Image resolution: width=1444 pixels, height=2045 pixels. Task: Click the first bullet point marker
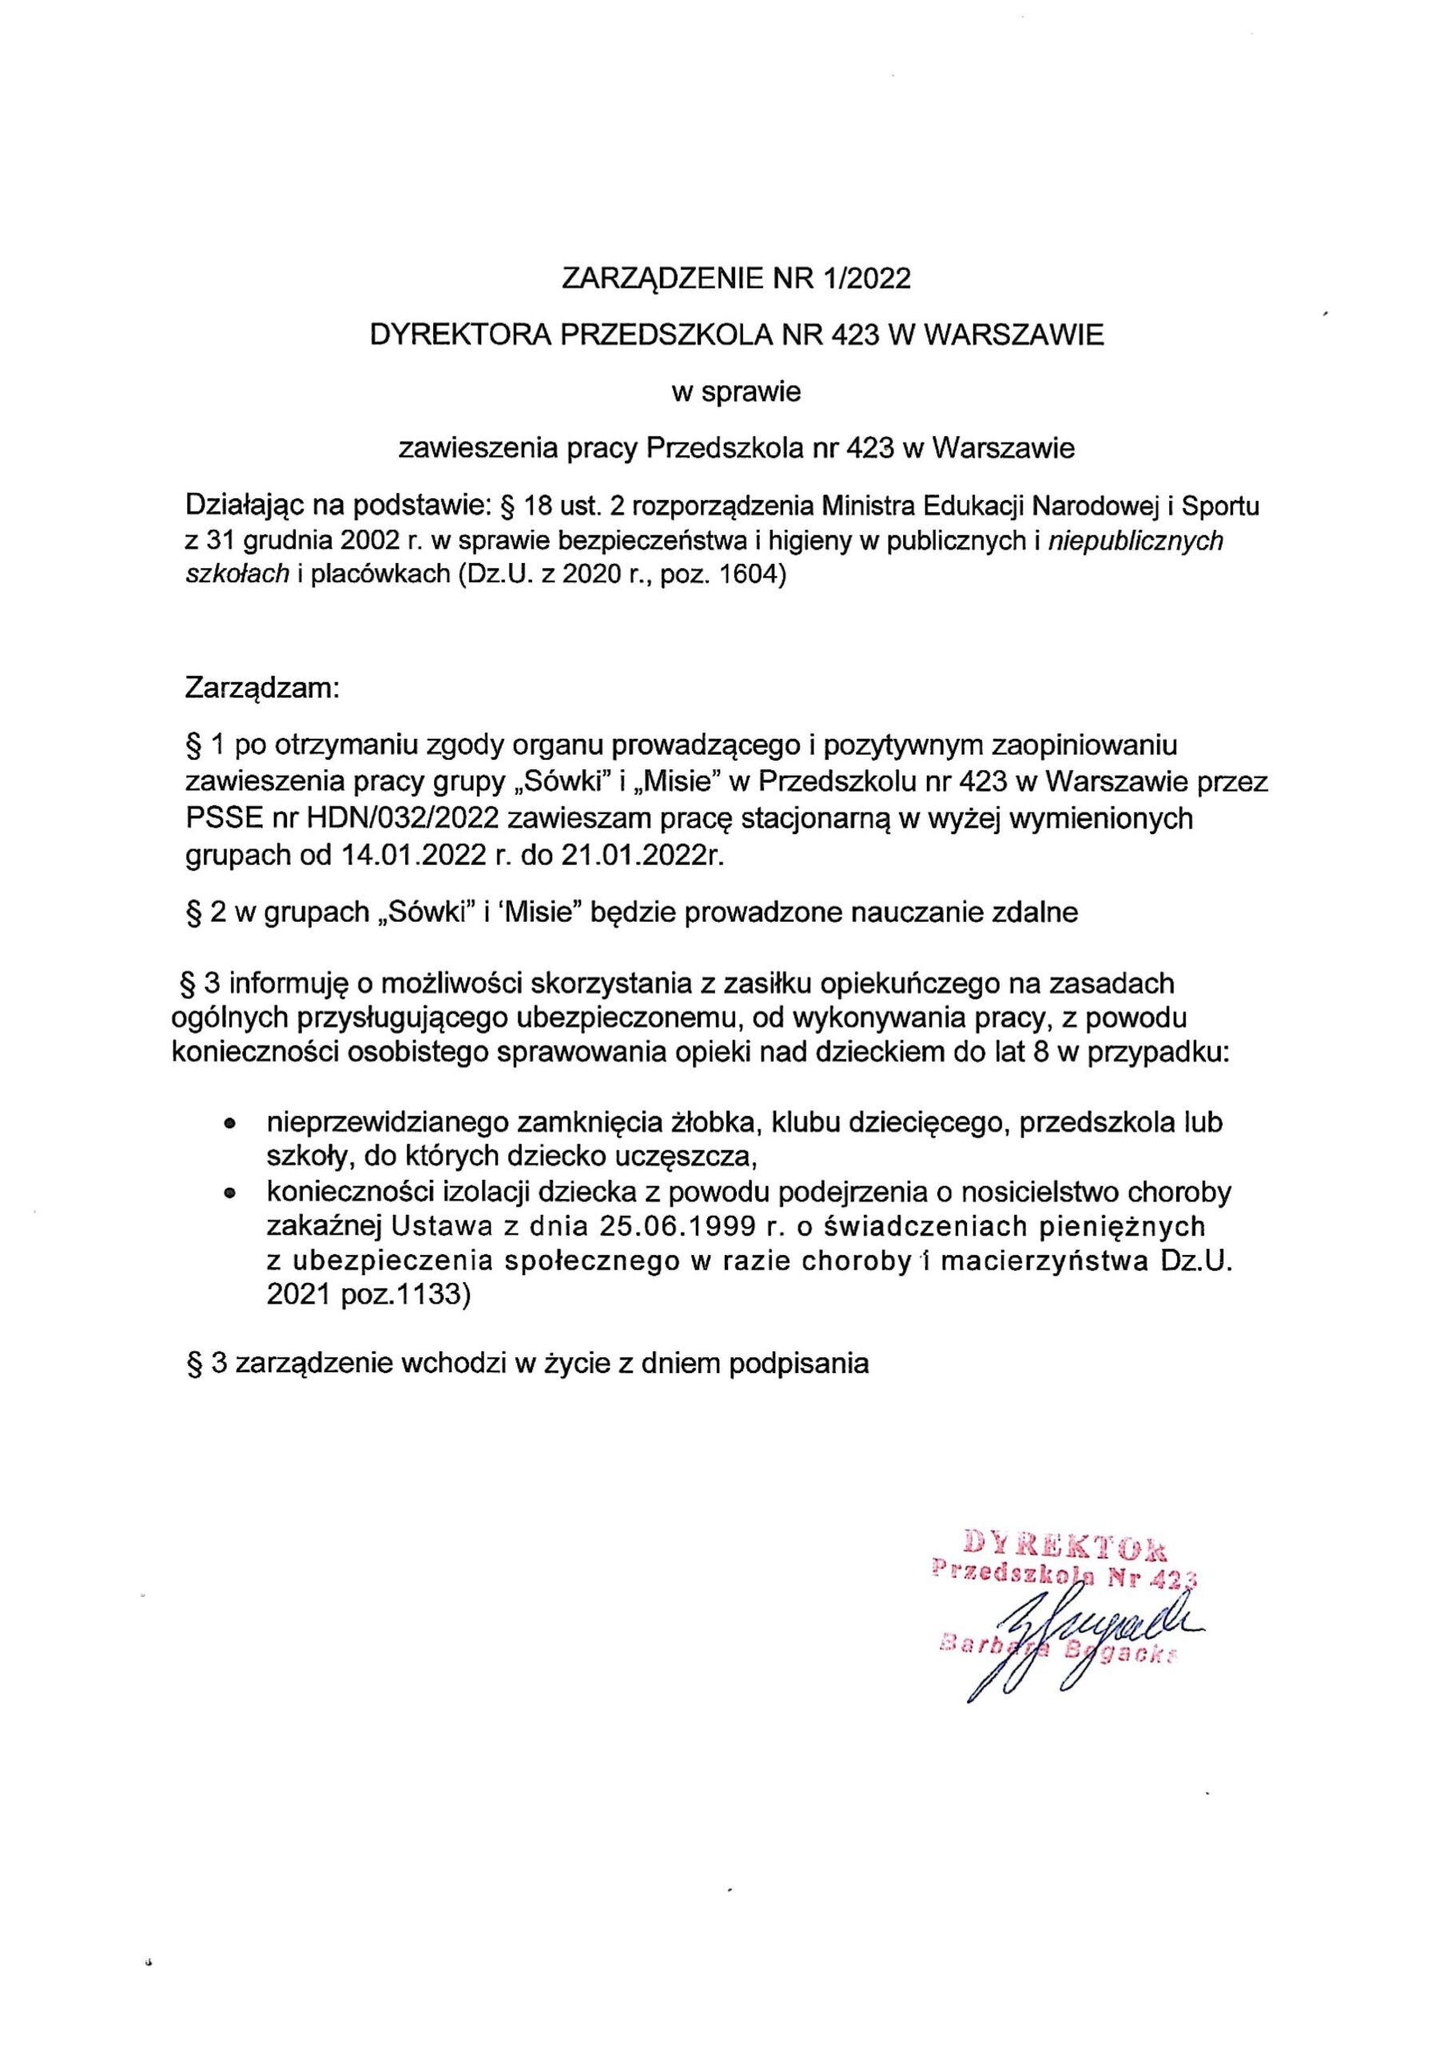[231, 1125]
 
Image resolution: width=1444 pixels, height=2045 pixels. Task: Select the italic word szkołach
[237, 574]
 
